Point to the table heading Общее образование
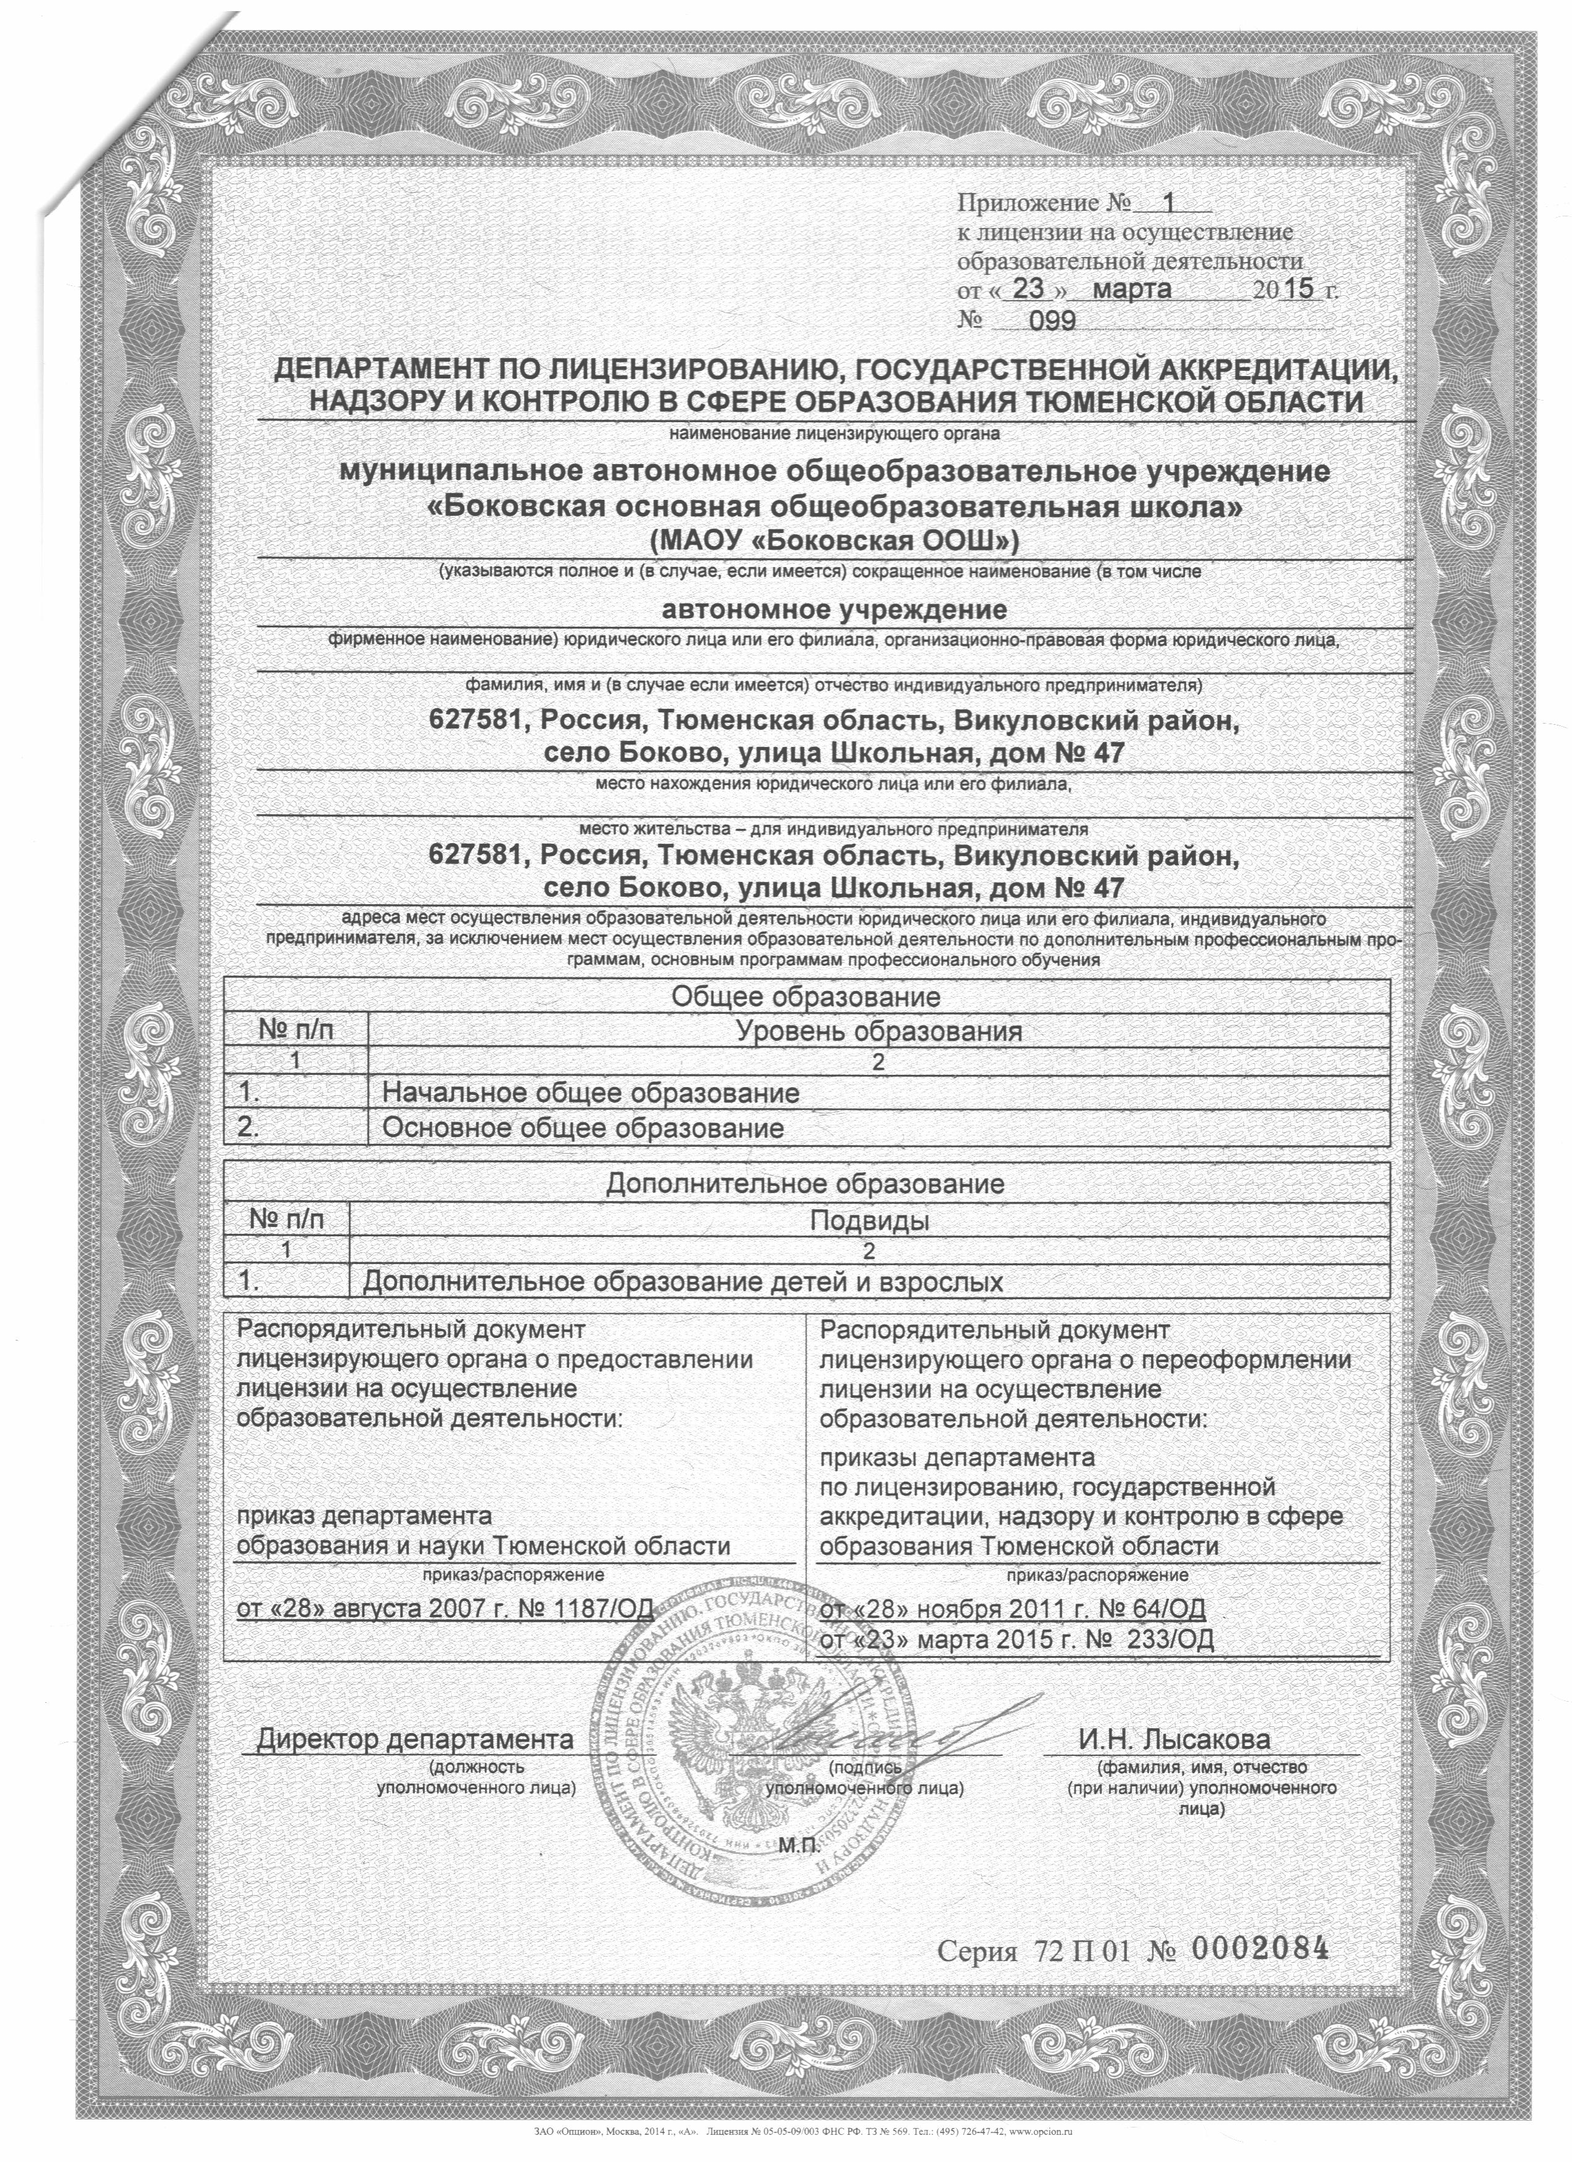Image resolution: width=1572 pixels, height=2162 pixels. tap(806, 997)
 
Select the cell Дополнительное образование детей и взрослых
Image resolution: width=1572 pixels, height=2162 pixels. tap(682, 1282)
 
